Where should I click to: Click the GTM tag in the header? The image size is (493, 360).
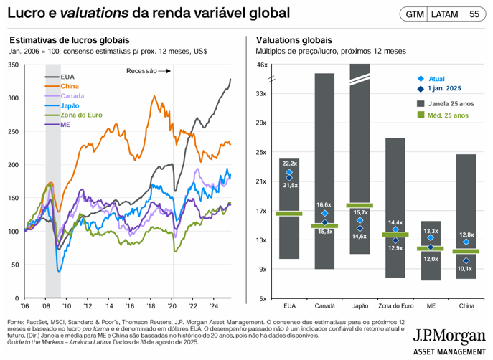click(414, 14)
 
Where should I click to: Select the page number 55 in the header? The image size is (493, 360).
click(474, 14)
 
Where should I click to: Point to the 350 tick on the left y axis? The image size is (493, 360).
click(14, 65)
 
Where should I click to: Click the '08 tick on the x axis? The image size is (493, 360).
click(46, 305)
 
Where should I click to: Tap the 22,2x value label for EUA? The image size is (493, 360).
click(290, 163)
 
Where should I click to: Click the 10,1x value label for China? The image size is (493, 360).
click(464, 268)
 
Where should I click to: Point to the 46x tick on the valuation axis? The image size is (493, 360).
click(262, 65)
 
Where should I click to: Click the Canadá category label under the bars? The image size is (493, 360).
click(325, 305)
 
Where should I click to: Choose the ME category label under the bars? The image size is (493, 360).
click(430, 305)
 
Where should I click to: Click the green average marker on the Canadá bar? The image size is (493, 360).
click(325, 226)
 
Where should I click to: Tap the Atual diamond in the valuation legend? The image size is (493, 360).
click(421, 79)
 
